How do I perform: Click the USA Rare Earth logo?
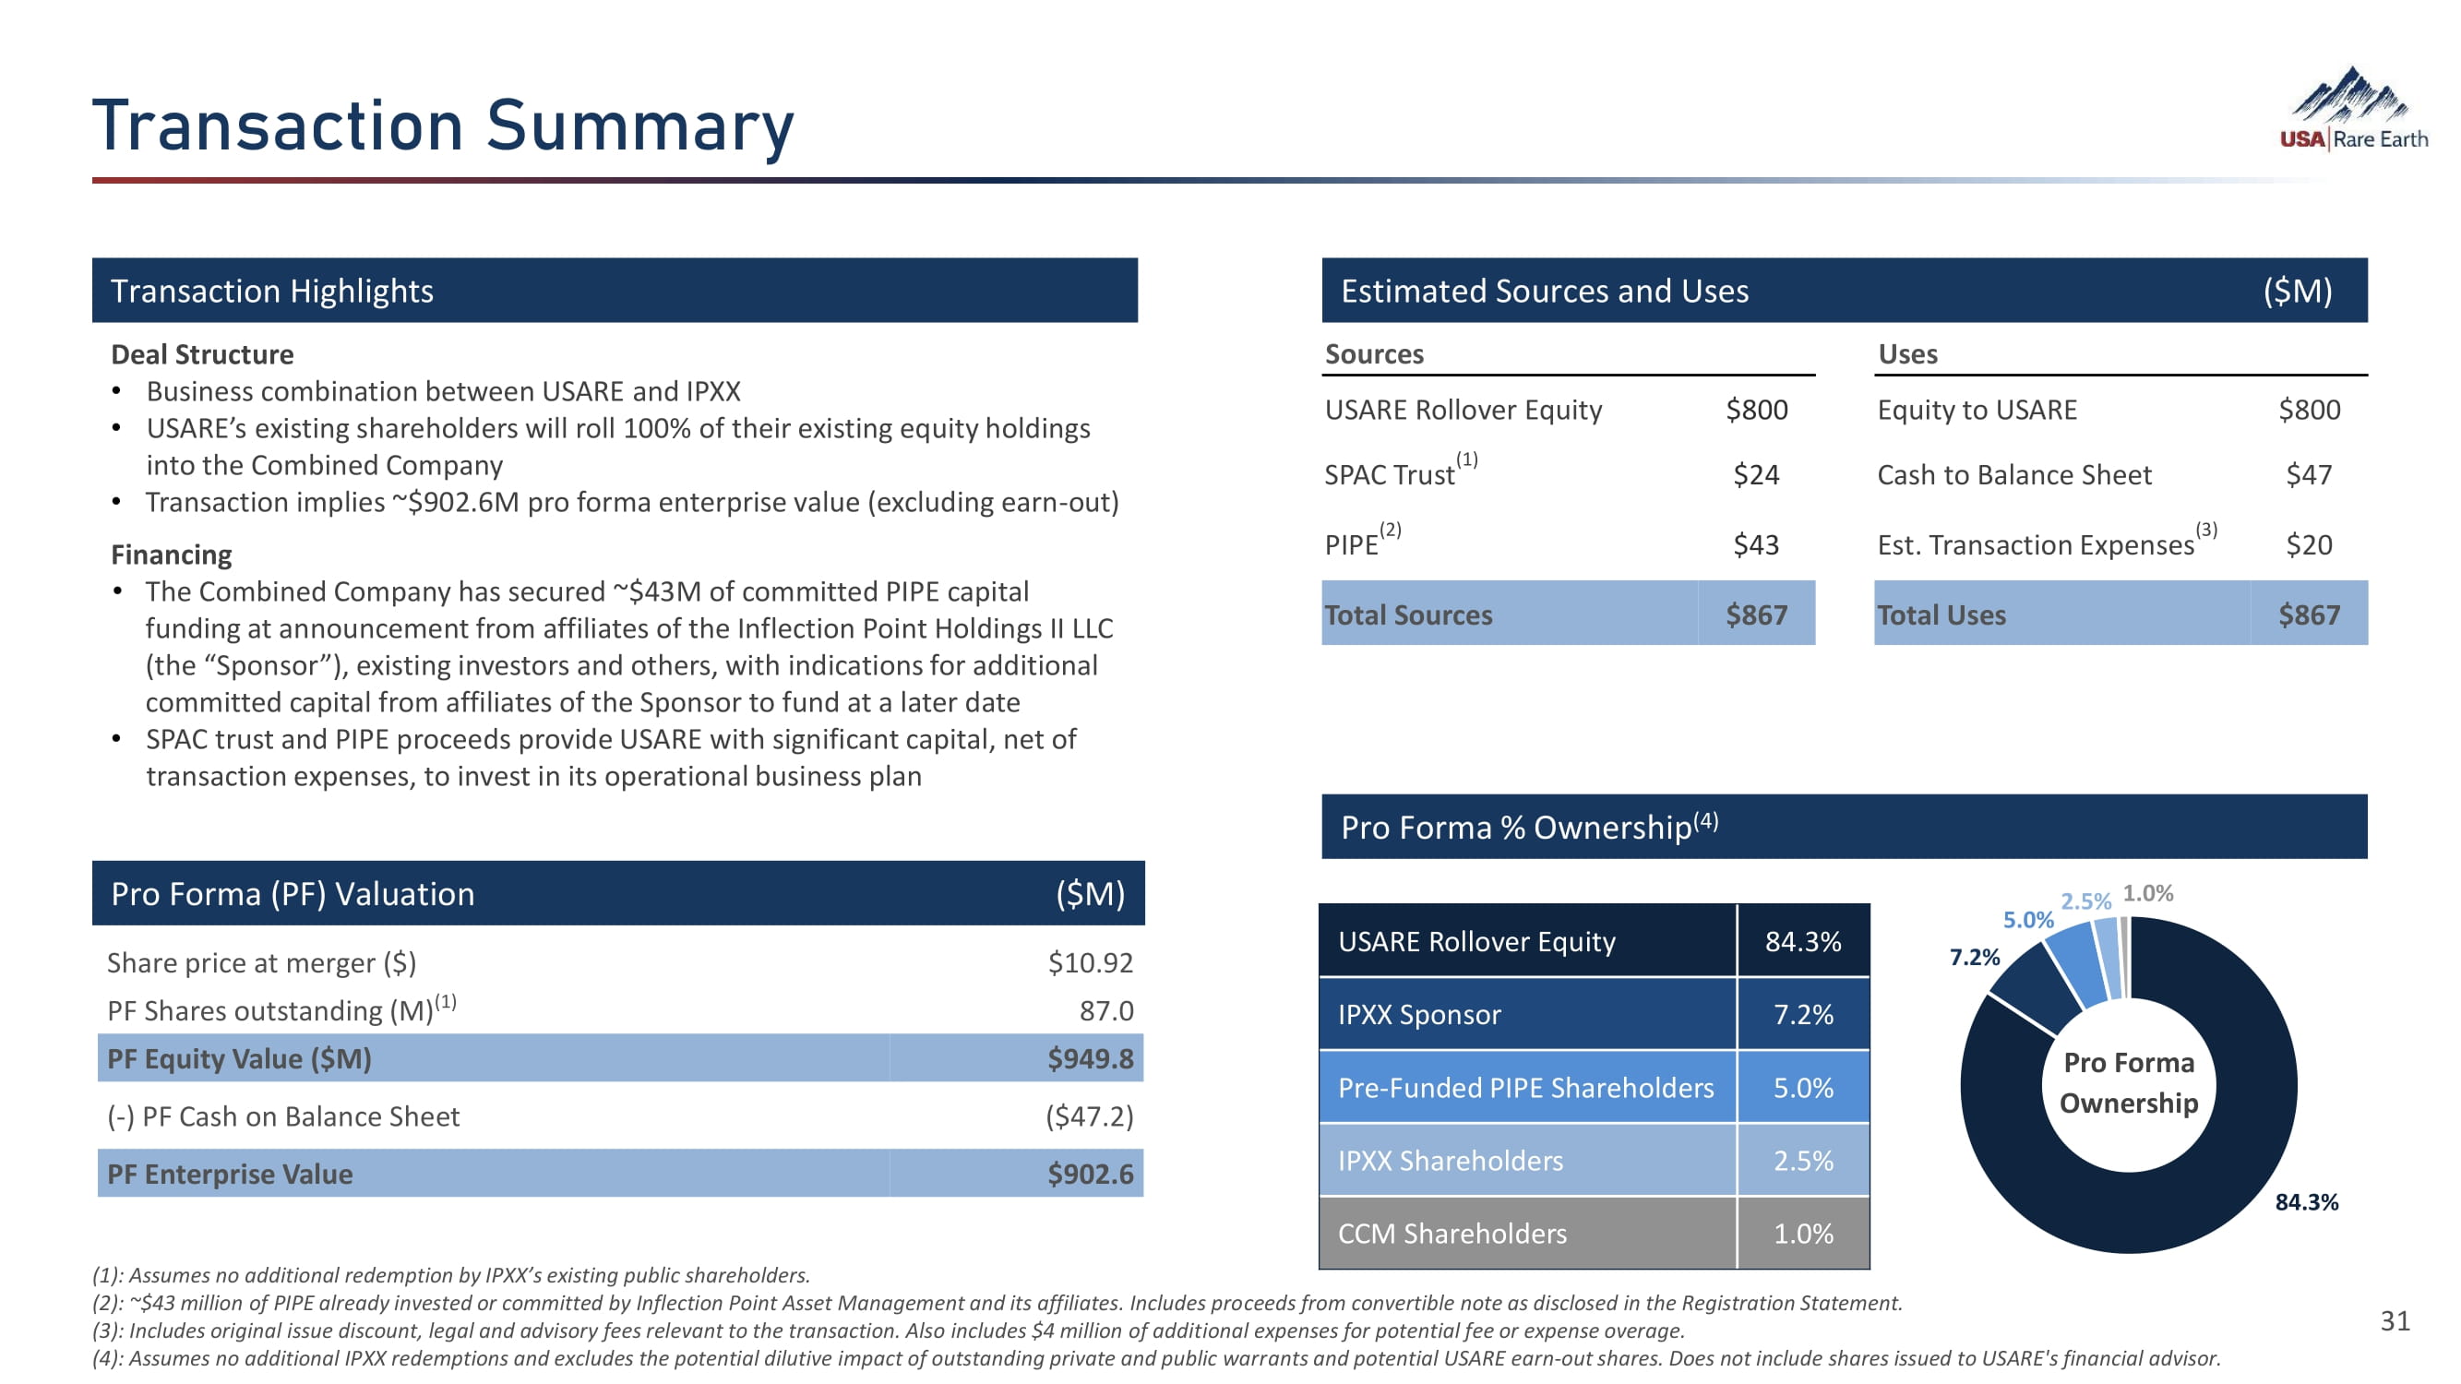pyautogui.click(x=2352, y=109)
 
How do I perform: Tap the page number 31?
pyautogui.click(x=2395, y=1320)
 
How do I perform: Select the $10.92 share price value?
pyautogui.click(x=1089, y=961)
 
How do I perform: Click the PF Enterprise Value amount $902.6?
pyautogui.click(x=1089, y=1173)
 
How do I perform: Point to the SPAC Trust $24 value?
pyautogui.click(x=1755, y=474)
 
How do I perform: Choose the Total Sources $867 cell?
pyautogui.click(x=1755, y=614)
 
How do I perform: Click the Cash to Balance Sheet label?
pyautogui.click(x=2013, y=474)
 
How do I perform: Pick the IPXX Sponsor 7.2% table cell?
pyautogui.click(x=1802, y=1013)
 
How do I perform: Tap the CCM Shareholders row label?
pyautogui.click(x=1452, y=1233)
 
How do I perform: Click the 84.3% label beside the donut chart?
pyautogui.click(x=2305, y=1201)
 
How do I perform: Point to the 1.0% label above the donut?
pyautogui.click(x=2146, y=893)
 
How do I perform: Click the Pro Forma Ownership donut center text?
pyautogui.click(x=2128, y=1082)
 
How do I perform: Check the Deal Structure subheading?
pyautogui.click(x=201, y=354)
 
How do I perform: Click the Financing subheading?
pyautogui.click(x=171, y=555)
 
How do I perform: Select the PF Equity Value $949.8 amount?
pyautogui.click(x=1089, y=1058)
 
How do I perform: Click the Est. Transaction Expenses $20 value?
pyautogui.click(x=2308, y=544)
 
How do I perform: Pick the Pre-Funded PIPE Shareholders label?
pyautogui.click(x=1524, y=1087)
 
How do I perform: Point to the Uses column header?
pyautogui.click(x=1907, y=354)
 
